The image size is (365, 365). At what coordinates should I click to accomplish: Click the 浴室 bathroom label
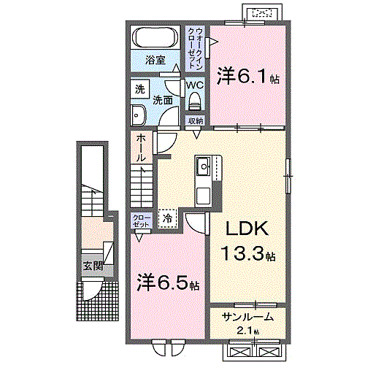(155, 59)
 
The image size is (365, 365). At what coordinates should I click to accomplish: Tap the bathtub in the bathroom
(155, 37)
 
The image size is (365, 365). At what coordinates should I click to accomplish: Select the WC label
(193, 85)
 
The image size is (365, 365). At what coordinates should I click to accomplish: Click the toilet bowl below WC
(193, 102)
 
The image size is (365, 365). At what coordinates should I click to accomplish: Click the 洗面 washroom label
(163, 100)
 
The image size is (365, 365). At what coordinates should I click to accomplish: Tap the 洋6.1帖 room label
(248, 75)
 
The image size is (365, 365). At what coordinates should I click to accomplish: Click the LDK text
(245, 230)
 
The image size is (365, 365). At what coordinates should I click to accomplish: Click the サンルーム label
(248, 317)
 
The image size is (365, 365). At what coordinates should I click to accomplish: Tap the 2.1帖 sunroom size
(248, 330)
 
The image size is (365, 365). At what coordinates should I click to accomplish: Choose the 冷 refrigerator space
(168, 218)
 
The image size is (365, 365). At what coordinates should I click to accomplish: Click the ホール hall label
(140, 148)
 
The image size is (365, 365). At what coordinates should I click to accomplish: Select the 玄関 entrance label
(92, 266)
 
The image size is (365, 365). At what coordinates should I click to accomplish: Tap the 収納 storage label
(194, 120)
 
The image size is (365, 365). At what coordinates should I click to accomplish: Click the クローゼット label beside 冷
(141, 221)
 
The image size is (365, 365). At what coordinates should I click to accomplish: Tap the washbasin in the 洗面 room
(138, 113)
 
